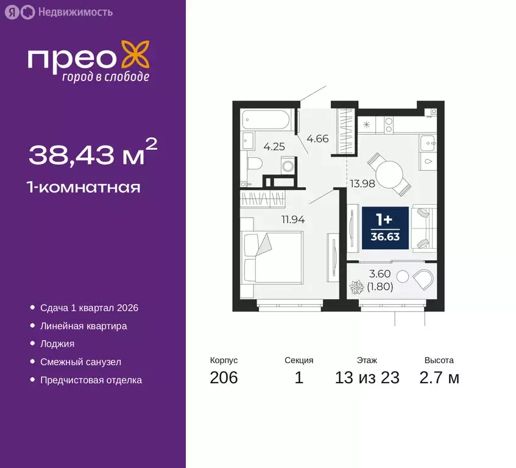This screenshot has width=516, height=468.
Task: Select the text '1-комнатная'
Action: tap(84, 187)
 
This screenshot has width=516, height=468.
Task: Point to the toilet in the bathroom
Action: tap(255, 163)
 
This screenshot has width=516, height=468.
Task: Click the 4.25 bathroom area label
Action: tap(274, 146)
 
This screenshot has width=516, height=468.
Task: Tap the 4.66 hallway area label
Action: tap(317, 138)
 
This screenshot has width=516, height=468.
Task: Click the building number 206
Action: tap(224, 378)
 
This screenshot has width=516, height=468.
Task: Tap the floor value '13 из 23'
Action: tap(367, 378)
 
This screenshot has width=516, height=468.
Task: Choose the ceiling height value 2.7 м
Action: tap(439, 378)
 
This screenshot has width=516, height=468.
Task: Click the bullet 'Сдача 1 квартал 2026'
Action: tap(89, 308)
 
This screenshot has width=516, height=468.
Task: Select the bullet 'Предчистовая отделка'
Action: tap(91, 380)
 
